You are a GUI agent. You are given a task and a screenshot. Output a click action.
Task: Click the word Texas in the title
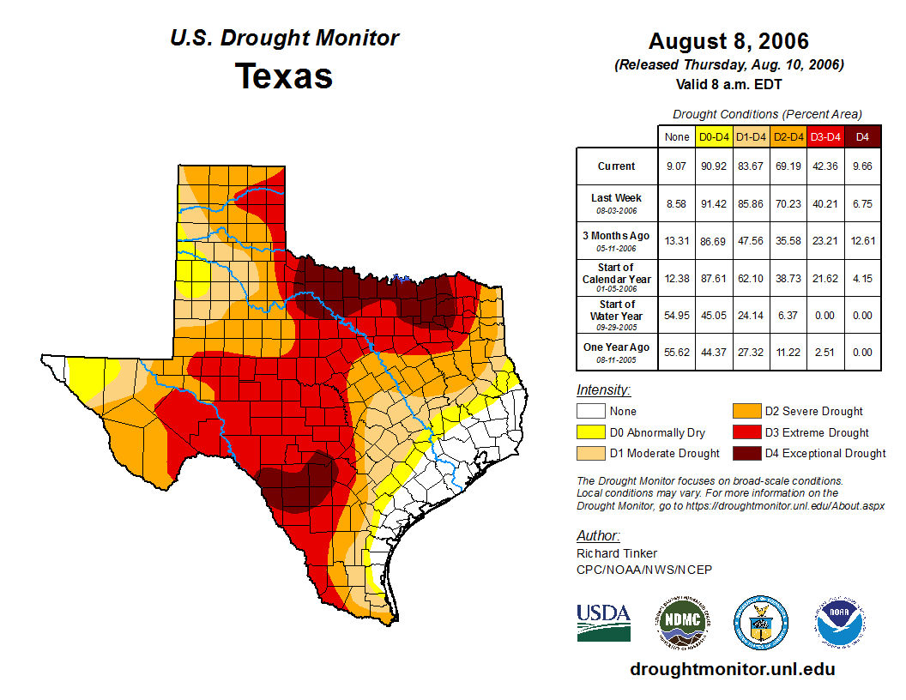284,76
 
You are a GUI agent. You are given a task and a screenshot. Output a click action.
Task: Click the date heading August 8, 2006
728,41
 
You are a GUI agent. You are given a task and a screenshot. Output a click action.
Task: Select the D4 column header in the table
862,136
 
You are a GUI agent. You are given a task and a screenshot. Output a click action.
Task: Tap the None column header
676,136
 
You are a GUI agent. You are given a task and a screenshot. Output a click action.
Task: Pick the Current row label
617,166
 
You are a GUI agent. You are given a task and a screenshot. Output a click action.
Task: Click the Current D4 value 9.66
862,166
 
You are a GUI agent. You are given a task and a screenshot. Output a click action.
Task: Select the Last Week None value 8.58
676,203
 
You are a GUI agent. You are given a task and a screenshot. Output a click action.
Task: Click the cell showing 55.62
676,351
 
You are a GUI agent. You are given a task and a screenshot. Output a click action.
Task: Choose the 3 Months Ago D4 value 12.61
862,240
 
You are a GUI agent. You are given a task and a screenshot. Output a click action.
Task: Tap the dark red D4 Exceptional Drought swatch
746,453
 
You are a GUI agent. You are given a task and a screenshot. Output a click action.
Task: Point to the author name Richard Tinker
617,553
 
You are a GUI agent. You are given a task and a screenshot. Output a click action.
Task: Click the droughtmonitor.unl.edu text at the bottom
732,669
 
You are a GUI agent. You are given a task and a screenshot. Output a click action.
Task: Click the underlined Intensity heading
603,389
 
